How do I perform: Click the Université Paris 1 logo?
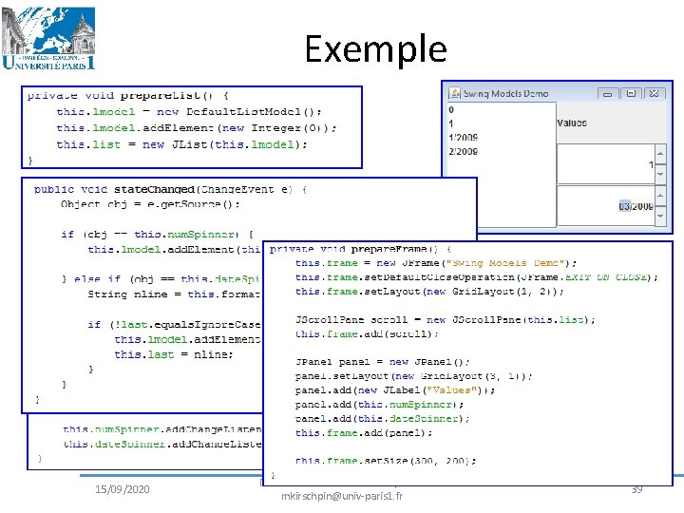[49, 38]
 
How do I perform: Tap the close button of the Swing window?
[656, 93]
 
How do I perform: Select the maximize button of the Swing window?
[633, 93]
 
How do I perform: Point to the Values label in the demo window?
[572, 123]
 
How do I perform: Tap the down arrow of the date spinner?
[660, 214]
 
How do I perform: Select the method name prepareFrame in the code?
[386, 249]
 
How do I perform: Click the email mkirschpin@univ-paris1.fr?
[342, 496]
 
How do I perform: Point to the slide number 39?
[637, 488]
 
